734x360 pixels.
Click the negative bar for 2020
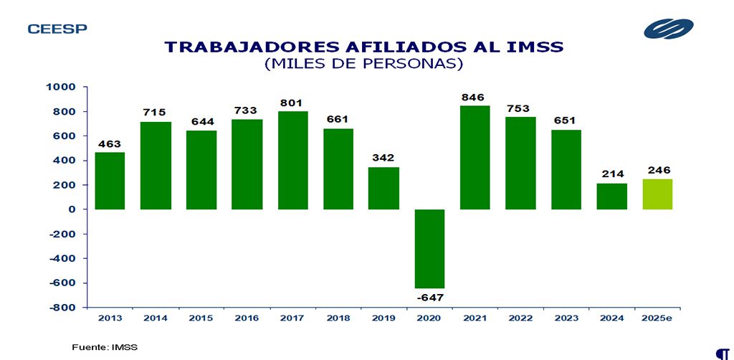pyautogui.click(x=429, y=249)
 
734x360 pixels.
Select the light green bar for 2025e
pyautogui.click(x=657, y=194)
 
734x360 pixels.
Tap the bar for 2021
pyautogui.click(x=475, y=158)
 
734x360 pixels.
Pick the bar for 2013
pyautogui.click(x=110, y=181)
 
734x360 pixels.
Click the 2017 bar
pyautogui.click(x=292, y=160)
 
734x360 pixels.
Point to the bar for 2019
pyautogui.click(x=383, y=188)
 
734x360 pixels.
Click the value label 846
pyautogui.click(x=475, y=97)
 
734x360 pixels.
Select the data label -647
pyautogui.click(x=429, y=297)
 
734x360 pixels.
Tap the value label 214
pyautogui.click(x=612, y=174)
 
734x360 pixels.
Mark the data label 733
pyautogui.click(x=247, y=110)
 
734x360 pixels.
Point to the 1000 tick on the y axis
pyautogui.click(x=60, y=87)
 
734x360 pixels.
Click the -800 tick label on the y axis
pyautogui.click(x=60, y=308)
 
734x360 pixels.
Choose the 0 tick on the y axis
pyautogui.click(x=72, y=209)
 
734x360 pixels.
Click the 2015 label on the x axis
pyautogui.click(x=201, y=318)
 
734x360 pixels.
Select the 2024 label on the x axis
pyautogui.click(x=611, y=318)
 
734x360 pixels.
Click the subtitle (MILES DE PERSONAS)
pyautogui.click(x=363, y=64)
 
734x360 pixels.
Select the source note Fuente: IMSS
pyautogui.click(x=105, y=347)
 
